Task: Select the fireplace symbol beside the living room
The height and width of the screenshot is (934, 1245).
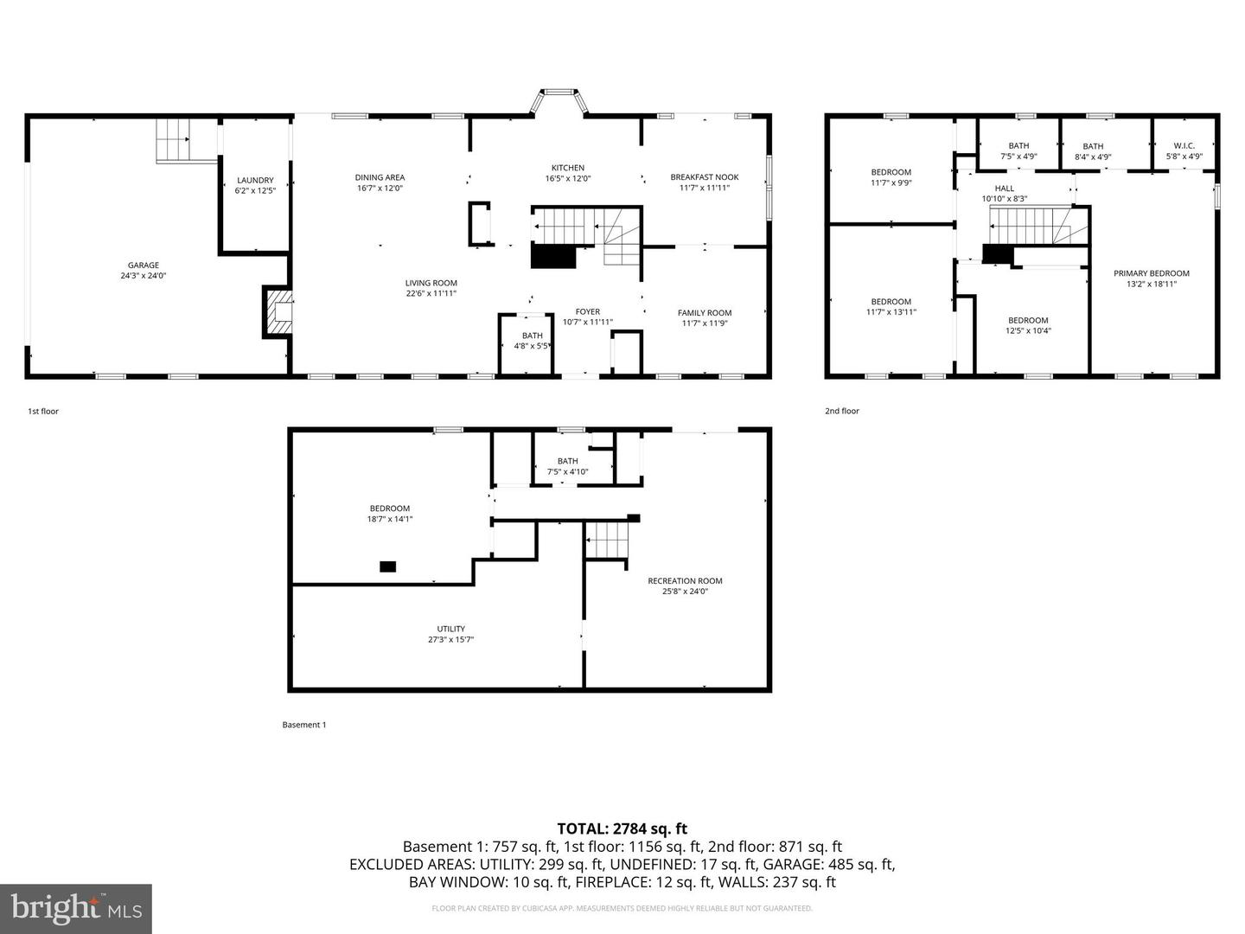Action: click(x=279, y=312)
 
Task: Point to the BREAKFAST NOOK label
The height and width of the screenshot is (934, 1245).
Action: click(x=704, y=177)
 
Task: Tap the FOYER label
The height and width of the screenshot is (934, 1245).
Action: click(x=587, y=312)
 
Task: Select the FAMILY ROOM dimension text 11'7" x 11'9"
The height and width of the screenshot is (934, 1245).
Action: click(x=704, y=323)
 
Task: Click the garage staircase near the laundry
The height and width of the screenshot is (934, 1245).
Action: click(x=173, y=141)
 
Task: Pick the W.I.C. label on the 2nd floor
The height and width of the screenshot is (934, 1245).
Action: click(x=1184, y=146)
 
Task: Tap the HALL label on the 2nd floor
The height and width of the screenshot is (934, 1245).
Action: click(x=1004, y=189)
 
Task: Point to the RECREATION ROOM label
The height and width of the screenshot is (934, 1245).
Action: click(x=685, y=581)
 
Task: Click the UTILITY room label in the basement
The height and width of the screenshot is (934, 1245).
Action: click(x=450, y=629)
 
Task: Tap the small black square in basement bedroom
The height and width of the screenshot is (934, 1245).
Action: click(x=388, y=566)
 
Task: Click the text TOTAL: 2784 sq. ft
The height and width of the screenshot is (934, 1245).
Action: click(x=622, y=828)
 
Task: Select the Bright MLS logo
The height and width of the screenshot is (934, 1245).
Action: click(x=76, y=908)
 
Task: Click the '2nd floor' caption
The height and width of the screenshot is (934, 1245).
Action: click(x=841, y=411)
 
